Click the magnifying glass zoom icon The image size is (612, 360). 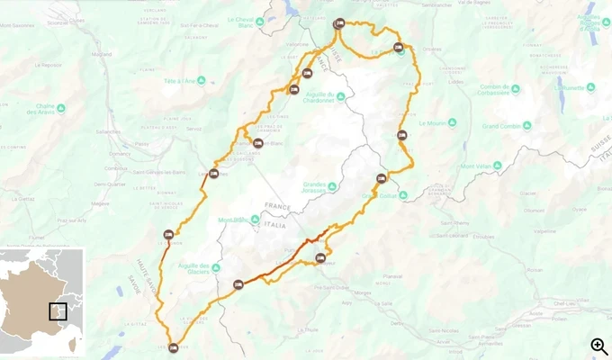598,346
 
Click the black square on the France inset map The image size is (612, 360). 58,311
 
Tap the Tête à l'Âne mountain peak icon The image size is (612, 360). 201,80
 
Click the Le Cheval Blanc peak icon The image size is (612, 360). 258,22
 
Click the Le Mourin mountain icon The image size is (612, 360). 453,122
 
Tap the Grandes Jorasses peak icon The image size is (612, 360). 332,186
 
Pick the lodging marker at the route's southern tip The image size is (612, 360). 174,348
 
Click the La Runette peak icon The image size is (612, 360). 562,88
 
